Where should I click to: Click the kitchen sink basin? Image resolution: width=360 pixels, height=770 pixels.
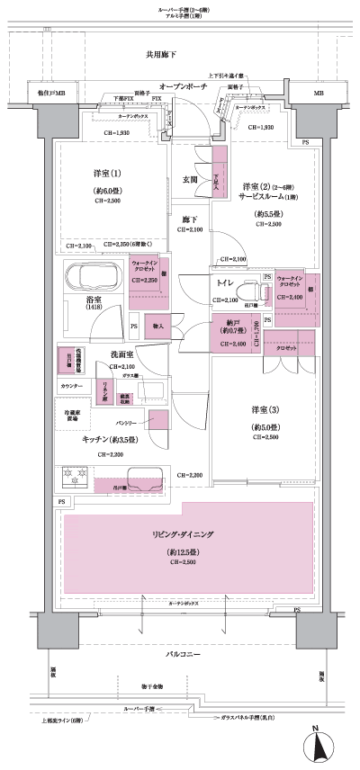pos(144,478)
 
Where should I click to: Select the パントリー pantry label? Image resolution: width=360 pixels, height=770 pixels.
pos(125,421)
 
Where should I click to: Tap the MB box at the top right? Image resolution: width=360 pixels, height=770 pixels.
pos(319,93)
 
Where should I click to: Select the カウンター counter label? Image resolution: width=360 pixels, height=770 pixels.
pos(73,386)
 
